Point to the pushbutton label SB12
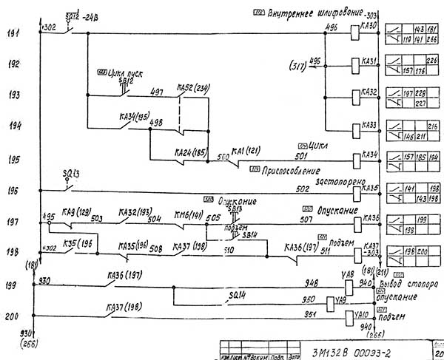[x=127, y=80]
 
